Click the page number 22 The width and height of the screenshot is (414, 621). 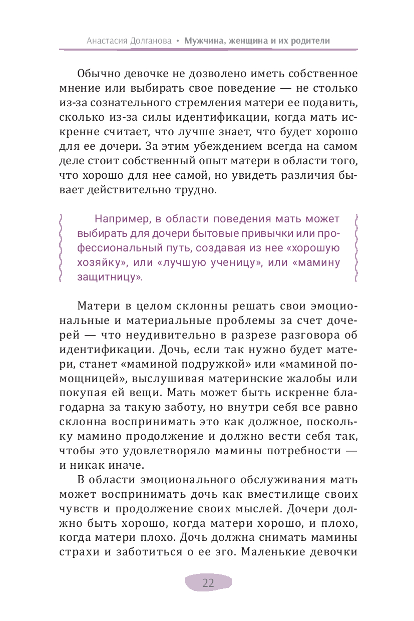click(208, 582)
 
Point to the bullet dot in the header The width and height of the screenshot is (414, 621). click(177, 42)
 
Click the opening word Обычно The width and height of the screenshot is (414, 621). click(98, 74)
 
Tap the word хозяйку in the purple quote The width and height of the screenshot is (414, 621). click(99, 262)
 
